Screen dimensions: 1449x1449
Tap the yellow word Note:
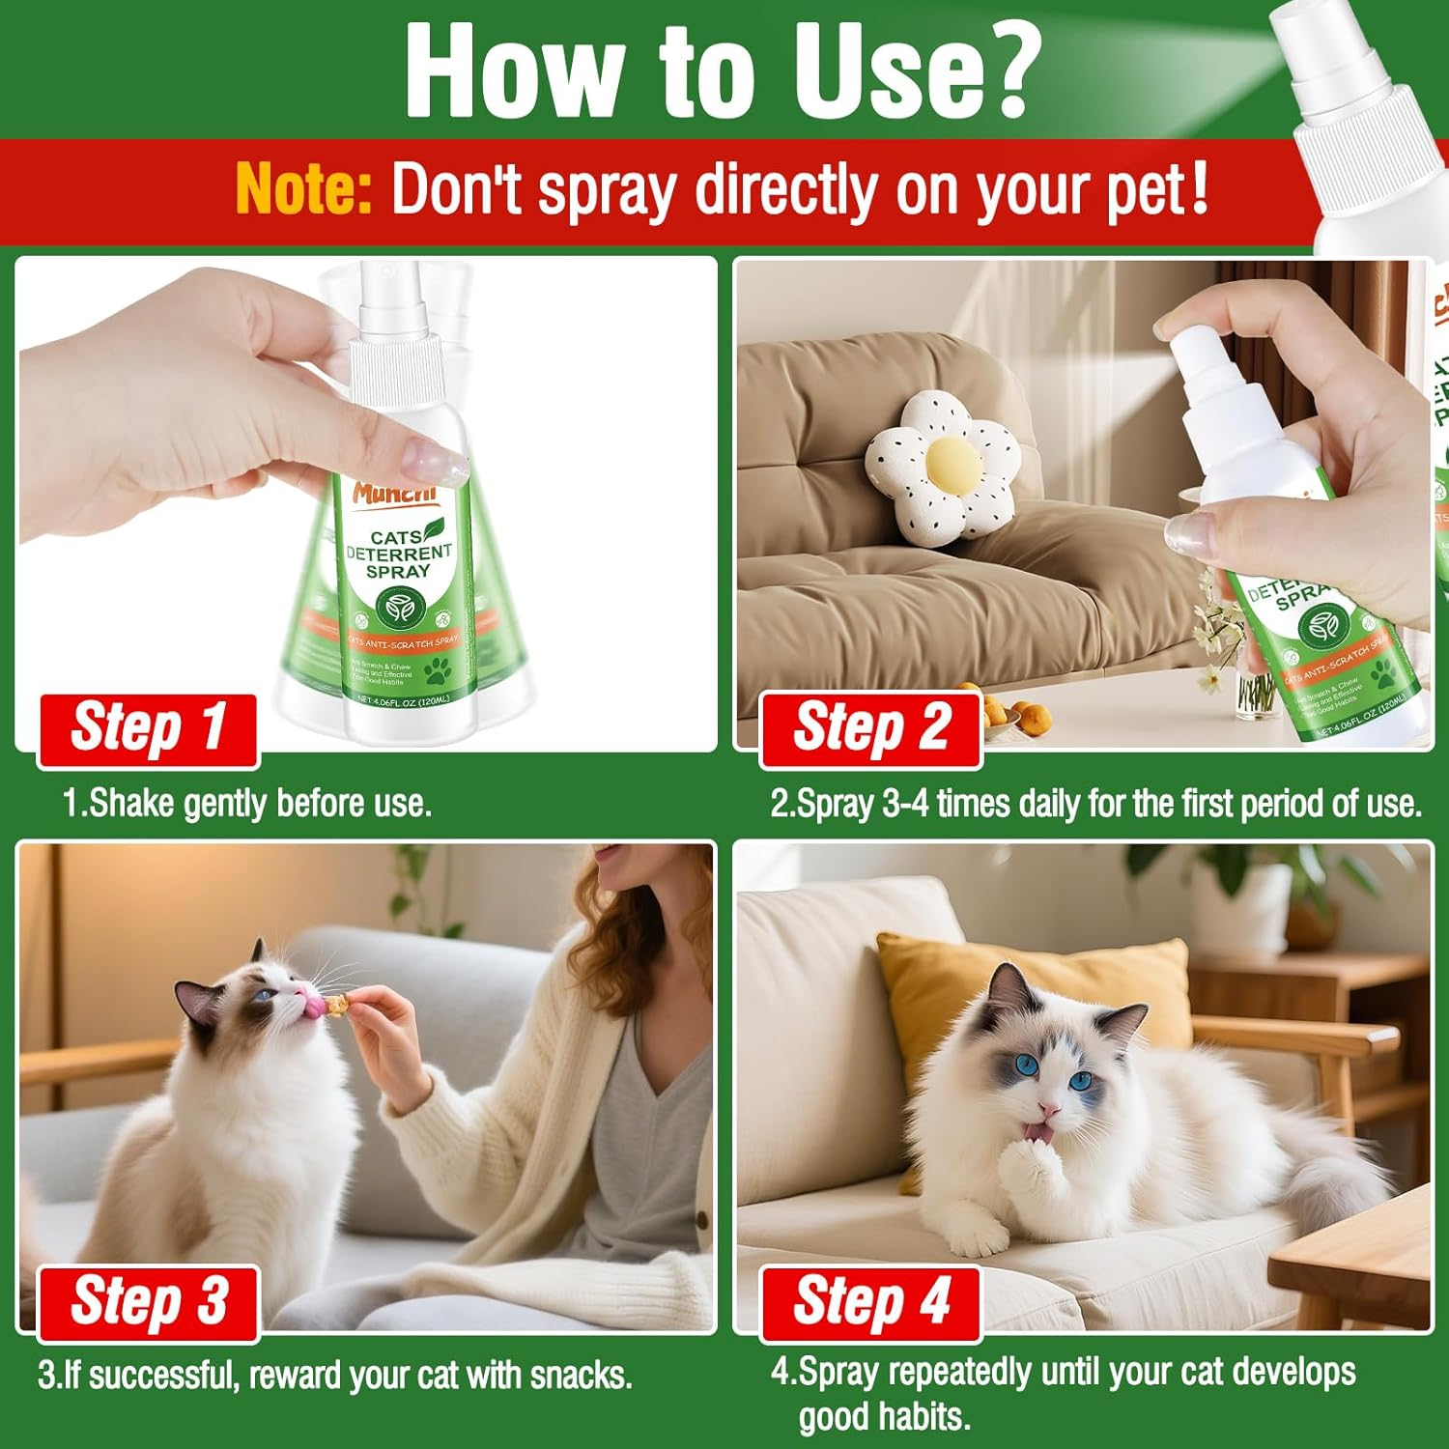coord(303,188)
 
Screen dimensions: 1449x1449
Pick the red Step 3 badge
coord(148,1302)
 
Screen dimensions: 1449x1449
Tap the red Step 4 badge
coord(870,1302)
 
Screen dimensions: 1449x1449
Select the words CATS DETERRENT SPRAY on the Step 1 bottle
coord(398,554)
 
